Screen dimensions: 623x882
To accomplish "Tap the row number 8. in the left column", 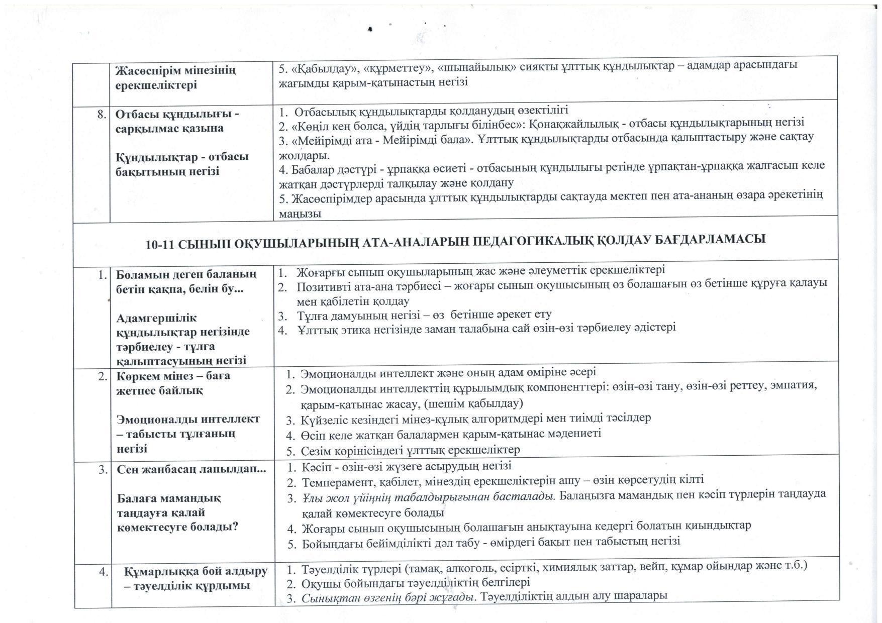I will pos(102,115).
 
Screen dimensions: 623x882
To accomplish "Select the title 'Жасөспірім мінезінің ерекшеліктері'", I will pos(175,77).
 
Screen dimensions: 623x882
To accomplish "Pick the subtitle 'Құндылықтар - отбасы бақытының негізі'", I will pos(182,164).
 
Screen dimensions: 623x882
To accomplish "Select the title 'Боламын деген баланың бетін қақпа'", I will pos(186,282).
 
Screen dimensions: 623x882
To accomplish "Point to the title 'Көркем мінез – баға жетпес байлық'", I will pos(173,383).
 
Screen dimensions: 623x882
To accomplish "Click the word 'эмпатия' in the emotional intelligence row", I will pos(794,386).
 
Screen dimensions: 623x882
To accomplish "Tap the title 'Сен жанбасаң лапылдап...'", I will pos(191,470).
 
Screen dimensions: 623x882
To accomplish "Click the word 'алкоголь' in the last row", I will pos(461,567).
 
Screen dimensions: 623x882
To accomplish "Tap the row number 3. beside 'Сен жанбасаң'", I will pos(103,470).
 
